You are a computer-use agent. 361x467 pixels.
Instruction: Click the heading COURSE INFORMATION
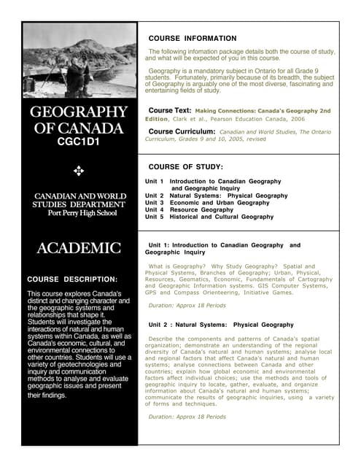point(193,38)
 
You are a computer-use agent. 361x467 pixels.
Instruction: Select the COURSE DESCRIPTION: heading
point(71,279)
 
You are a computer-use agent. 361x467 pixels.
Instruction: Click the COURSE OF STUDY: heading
point(186,166)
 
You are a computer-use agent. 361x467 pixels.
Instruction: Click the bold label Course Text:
point(170,110)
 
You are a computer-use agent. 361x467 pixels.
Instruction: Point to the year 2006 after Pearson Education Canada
point(298,118)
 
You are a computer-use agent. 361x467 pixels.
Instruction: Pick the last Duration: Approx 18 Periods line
point(187,417)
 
